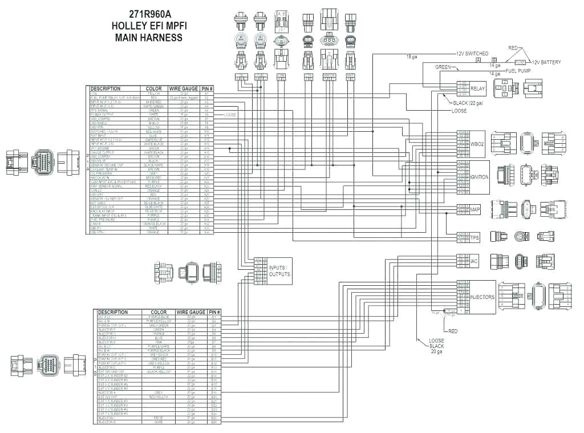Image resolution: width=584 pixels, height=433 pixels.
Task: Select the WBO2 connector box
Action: pyautogui.click(x=477, y=144)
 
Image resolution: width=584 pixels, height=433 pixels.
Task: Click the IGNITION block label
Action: pyautogui.click(x=479, y=177)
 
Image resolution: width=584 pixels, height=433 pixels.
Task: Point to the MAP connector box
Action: pyautogui.click(x=474, y=209)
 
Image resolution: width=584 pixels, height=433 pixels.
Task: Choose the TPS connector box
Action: pyautogui.click(x=474, y=237)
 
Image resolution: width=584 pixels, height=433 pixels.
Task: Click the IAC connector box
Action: pyautogui.click(x=473, y=261)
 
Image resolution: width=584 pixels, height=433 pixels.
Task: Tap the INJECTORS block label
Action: pyautogui.click(x=482, y=297)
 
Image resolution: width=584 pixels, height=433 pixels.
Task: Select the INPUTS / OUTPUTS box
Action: pyautogui.click(x=279, y=271)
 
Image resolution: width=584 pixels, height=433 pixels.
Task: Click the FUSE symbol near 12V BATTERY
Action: pyautogui.click(x=520, y=62)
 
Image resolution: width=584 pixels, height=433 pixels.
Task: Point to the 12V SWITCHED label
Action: pyautogui.click(x=472, y=53)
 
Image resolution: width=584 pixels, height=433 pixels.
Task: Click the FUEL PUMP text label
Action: pyautogui.click(x=519, y=70)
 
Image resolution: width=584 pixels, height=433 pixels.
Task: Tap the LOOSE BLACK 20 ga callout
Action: pyautogui.click(x=436, y=346)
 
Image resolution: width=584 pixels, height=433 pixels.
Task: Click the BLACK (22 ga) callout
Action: pyautogui.click(x=467, y=103)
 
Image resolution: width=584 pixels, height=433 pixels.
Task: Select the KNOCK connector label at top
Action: pyautogui.click(x=329, y=75)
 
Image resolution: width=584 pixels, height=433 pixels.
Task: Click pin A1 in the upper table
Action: pyautogui.click(x=206, y=94)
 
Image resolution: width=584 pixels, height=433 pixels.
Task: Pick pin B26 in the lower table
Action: pyautogui.click(x=214, y=422)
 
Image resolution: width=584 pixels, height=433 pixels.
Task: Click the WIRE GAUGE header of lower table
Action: pyautogui.click(x=191, y=312)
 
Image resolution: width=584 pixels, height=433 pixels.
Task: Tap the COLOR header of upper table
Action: pyautogui.click(x=154, y=88)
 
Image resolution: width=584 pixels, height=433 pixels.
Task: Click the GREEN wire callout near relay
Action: pyautogui.click(x=443, y=67)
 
